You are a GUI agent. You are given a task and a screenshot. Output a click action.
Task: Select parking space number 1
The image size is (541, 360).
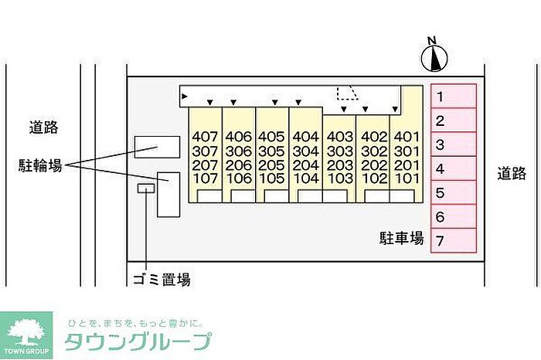pos(454,97)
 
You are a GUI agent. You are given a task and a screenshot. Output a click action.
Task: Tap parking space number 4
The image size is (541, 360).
pos(454,168)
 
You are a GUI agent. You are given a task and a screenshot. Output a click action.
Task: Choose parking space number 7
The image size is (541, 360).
pos(454,241)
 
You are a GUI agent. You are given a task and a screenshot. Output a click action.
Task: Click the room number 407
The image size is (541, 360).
pos(205,137)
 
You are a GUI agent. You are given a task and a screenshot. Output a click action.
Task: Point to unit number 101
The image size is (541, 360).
pos(407,178)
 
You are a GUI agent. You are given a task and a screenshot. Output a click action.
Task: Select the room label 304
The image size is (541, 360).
pos(306,151)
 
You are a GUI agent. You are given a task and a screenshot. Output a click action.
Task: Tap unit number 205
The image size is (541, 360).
pos(271,165)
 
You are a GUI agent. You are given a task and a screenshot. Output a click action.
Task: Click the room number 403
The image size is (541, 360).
pos(340,137)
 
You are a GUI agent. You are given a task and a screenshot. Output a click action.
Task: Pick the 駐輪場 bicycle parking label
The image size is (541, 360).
pos(40,165)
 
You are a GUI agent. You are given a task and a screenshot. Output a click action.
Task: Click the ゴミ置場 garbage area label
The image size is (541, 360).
pos(162,279)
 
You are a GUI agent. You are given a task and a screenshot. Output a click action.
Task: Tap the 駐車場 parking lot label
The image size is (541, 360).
pos(402,238)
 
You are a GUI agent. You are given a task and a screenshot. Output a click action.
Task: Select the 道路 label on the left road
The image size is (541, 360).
pos(43,127)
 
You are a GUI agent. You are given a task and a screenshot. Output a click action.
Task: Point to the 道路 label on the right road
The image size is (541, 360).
pos(512,173)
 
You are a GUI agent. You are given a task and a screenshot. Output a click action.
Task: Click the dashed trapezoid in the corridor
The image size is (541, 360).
pos(348,93)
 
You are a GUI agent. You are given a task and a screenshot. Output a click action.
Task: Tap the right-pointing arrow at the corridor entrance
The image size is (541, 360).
pos(185,97)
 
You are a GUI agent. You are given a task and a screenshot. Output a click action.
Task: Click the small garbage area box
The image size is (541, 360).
pos(146,188)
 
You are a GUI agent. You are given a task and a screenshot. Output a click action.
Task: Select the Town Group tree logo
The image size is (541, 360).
pos(26,335)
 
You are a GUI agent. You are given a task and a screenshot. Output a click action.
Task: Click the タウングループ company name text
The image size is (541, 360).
pos(138,341)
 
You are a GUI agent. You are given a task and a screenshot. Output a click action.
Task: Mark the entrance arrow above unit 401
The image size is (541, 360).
pos(395,109)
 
